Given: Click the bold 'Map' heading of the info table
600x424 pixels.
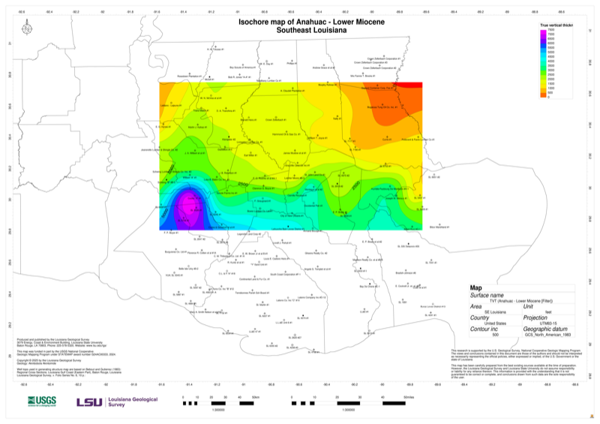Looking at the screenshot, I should (476, 287).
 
